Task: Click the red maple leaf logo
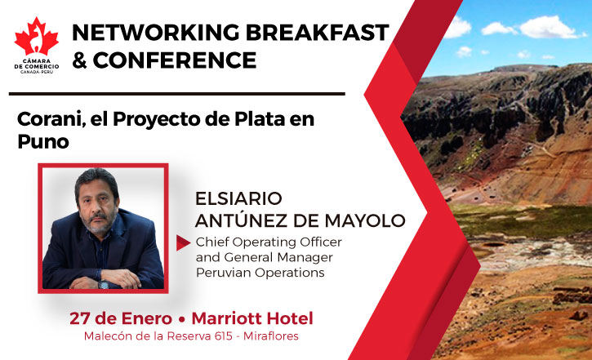point(37,37)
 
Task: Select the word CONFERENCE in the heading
point(175,60)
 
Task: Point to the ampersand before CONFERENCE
point(79,60)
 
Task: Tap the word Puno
point(43,142)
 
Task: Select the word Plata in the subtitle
point(260,119)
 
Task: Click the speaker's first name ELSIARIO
point(238,198)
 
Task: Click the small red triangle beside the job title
point(183,243)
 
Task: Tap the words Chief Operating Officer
point(269,242)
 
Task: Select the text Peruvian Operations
point(260,273)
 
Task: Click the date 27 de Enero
point(121,318)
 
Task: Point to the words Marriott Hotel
point(252,318)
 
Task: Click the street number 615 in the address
point(224,336)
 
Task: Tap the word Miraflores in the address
point(271,336)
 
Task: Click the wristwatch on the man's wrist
point(104,284)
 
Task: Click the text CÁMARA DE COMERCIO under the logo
point(37,64)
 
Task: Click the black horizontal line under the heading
point(176,94)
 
